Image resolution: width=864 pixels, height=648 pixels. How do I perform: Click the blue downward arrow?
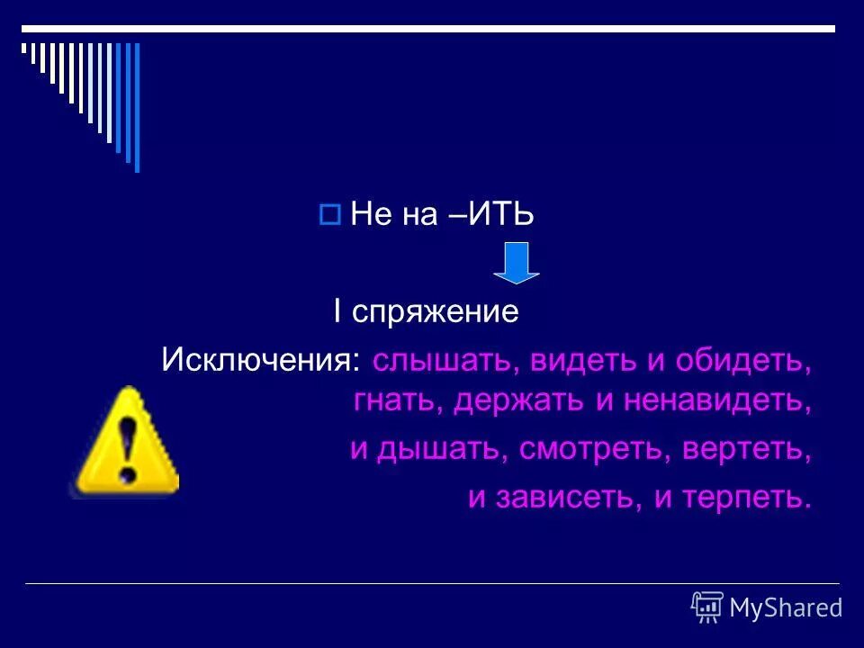coord(516,262)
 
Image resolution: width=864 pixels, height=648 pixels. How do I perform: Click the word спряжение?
coord(436,312)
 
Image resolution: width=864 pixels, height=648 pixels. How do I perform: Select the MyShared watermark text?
coord(785,608)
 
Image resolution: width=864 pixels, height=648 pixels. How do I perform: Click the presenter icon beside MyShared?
coord(707,607)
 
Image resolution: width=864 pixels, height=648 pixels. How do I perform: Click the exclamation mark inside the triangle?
coord(129,447)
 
